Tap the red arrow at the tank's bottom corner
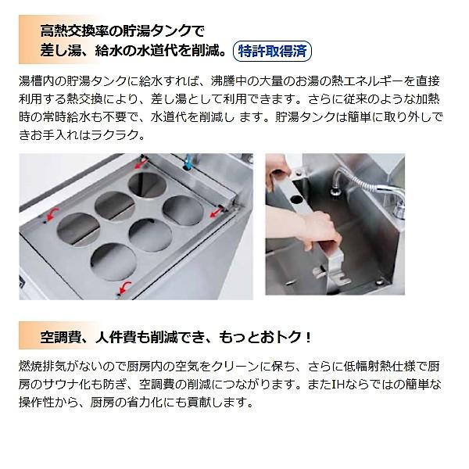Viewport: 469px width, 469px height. tap(120, 290)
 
